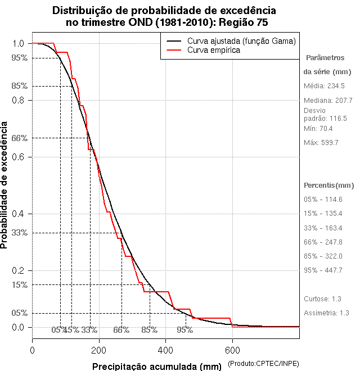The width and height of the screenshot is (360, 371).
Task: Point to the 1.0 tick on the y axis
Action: click(18, 43)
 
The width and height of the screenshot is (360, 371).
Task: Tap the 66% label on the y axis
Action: click(19, 138)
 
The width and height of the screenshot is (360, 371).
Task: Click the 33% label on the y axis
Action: click(19, 232)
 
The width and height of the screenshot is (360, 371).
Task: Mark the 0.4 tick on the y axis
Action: click(18, 214)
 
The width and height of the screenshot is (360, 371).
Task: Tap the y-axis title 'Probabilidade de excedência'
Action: click(6, 185)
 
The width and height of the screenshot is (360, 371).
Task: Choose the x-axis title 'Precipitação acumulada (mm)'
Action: click(157, 367)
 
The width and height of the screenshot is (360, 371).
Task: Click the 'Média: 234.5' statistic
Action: click(324, 86)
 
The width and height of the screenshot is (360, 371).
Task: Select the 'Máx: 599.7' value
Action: click(321, 143)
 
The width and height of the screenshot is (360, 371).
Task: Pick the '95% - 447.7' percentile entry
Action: click(323, 270)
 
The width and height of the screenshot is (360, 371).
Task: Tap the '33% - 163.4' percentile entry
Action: click(323, 228)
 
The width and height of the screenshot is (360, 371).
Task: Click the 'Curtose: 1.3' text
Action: click(322, 298)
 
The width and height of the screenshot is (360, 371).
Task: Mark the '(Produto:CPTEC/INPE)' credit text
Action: click(263, 365)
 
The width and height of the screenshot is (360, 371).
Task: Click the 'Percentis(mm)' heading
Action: click(329, 185)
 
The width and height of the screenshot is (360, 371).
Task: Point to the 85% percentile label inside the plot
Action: click(150, 330)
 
